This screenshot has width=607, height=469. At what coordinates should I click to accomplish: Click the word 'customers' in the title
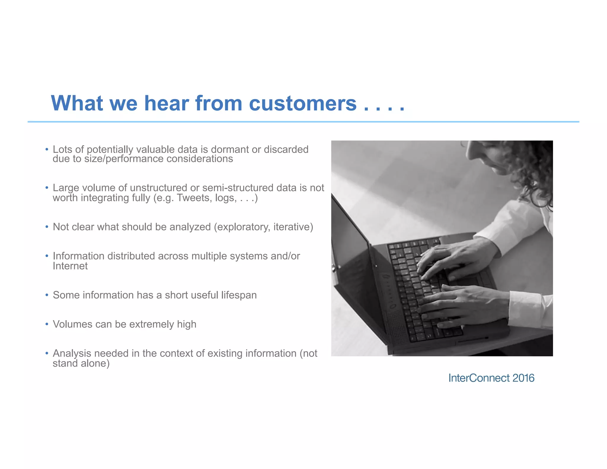pos(303,103)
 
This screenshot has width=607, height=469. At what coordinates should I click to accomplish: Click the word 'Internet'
pos(70,266)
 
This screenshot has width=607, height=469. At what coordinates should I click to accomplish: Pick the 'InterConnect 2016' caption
pos(491,378)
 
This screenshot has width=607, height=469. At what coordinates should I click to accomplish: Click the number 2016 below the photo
pos(523,378)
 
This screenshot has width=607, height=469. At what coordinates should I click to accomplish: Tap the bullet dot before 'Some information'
pos(47,295)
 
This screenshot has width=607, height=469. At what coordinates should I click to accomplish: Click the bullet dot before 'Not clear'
pos(47,227)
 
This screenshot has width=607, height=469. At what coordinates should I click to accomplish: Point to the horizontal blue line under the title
pos(303,122)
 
